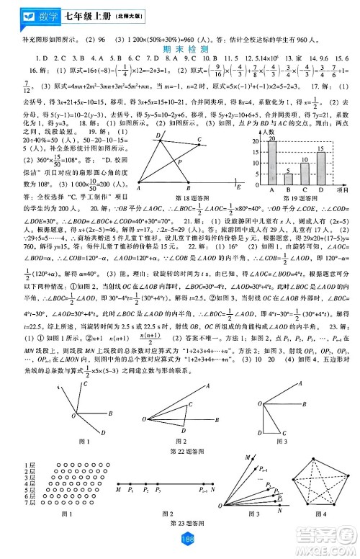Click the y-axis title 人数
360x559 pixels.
[x=267, y=133]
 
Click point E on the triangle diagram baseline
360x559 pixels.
[x=238, y=185]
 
